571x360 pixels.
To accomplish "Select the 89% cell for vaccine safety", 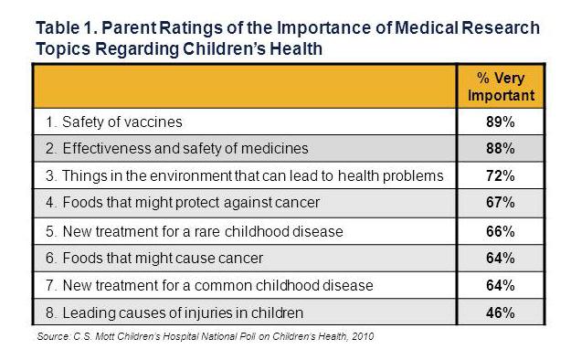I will pyautogui.click(x=500, y=121).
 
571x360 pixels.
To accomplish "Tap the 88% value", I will pyautogui.click(x=500, y=148).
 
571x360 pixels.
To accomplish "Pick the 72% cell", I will pyautogui.click(x=500, y=175).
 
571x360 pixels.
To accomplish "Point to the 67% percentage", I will pyautogui.click(x=500, y=203).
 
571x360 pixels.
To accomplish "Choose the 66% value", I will pyautogui.click(x=500, y=230).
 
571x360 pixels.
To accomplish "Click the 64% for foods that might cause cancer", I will pyautogui.click(x=500, y=258).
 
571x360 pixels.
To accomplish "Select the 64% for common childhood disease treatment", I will pyautogui.click(x=500, y=285).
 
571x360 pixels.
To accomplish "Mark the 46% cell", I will pyautogui.click(x=500, y=312).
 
